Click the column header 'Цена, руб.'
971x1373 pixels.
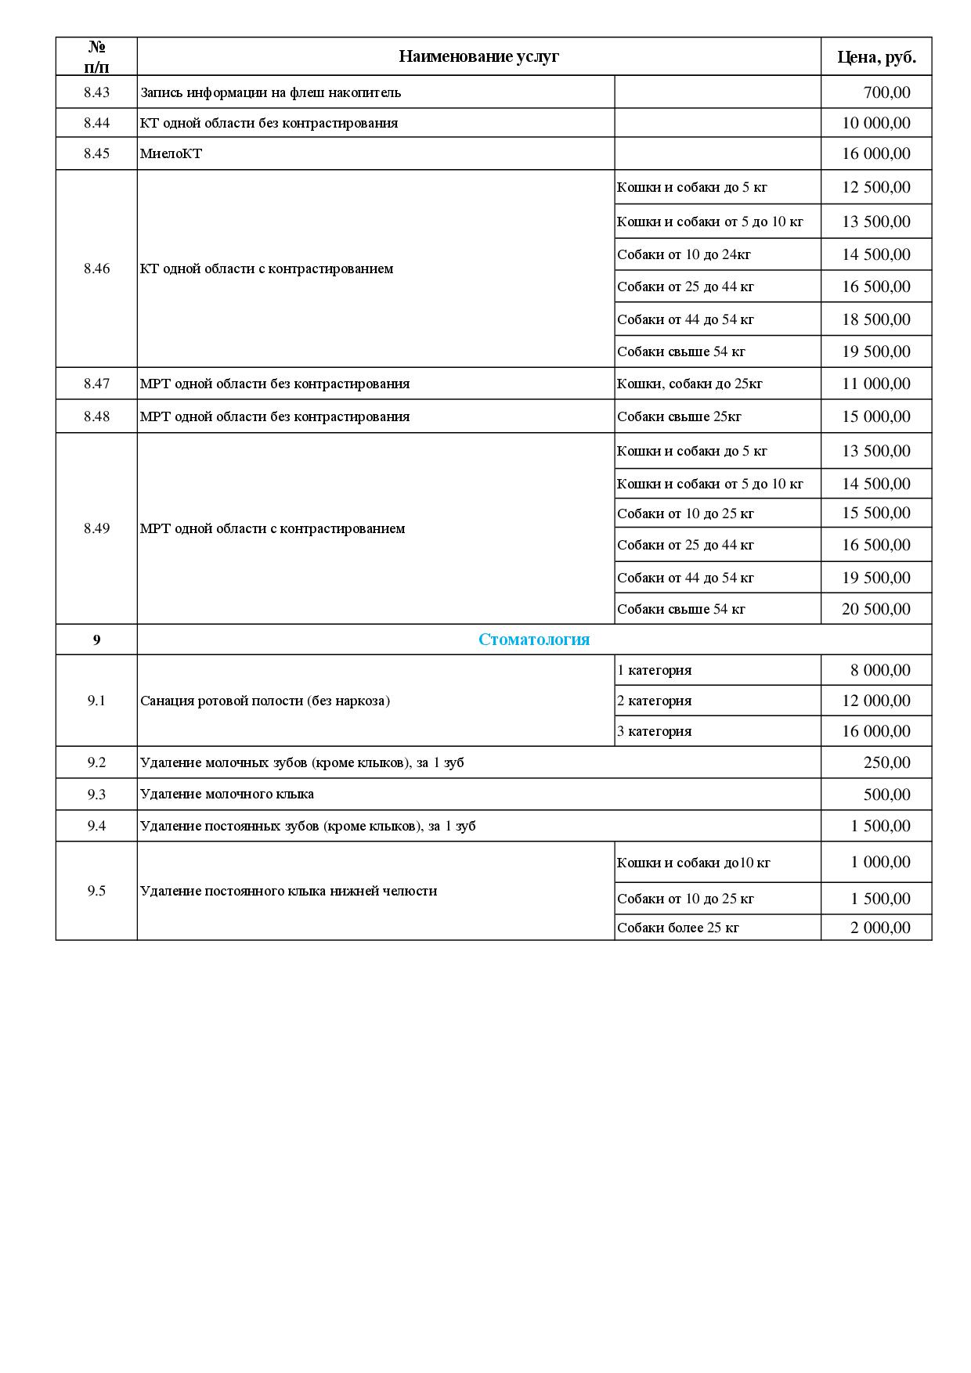click(x=876, y=56)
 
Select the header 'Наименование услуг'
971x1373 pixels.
click(x=478, y=56)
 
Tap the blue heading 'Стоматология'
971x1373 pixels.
click(x=534, y=640)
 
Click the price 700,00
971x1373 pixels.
click(x=886, y=92)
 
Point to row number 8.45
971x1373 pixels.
click(x=96, y=153)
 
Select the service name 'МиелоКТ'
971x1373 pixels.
click(x=171, y=153)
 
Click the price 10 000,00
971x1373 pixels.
click(x=876, y=123)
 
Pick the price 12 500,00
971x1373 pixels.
click(x=876, y=187)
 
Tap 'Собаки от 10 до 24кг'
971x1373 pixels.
click(x=684, y=254)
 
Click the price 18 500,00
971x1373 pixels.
click(x=876, y=319)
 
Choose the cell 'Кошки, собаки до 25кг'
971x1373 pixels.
click(x=689, y=384)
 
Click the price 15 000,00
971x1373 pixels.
click(x=876, y=416)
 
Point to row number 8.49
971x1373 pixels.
click(x=96, y=528)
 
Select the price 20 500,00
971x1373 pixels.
click(x=876, y=609)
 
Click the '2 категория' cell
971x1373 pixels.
click(x=655, y=701)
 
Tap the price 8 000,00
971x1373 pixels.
click(x=880, y=670)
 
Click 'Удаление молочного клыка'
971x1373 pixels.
click(x=227, y=794)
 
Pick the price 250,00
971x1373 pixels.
click(x=886, y=762)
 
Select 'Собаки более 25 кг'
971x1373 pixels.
click(x=678, y=928)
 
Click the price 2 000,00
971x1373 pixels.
click(x=880, y=928)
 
